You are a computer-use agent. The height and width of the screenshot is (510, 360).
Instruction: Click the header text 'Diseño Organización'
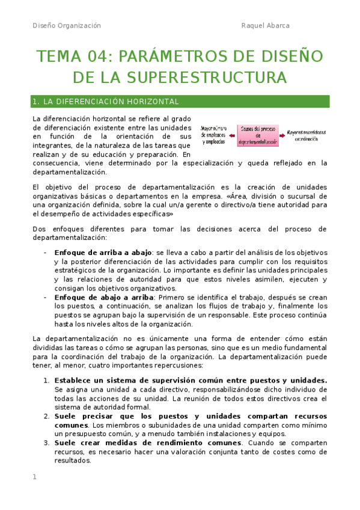(x=67, y=26)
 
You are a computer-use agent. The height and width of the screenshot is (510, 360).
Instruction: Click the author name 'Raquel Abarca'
(x=265, y=26)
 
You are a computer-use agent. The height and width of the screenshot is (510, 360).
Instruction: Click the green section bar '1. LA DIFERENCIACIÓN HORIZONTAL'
(x=180, y=102)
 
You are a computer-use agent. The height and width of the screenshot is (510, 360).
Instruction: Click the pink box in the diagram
(x=258, y=135)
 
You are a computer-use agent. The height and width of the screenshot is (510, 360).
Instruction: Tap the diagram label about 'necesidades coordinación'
(x=307, y=135)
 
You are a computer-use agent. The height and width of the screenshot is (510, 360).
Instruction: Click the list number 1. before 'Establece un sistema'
(x=47, y=381)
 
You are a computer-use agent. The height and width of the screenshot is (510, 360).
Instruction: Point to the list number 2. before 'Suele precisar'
(x=47, y=416)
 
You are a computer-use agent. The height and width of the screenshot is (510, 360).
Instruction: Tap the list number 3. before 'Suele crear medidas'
(x=47, y=443)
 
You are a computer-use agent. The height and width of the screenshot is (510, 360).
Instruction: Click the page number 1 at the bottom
(x=35, y=477)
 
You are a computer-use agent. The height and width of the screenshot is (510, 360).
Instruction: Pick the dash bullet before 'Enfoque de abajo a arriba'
(x=46, y=297)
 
